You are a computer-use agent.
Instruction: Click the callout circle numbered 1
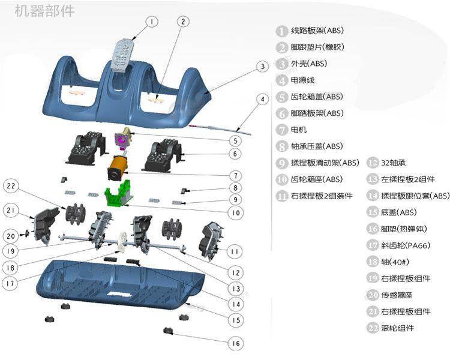152,22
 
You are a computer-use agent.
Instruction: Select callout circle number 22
11,186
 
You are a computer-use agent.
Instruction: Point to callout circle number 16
235,343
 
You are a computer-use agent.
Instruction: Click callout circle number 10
235,212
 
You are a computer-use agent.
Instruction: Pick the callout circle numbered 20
11,236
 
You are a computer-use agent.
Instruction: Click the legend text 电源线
303,80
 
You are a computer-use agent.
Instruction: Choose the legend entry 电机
299,130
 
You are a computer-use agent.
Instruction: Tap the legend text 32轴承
394,163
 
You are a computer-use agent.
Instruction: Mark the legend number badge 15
373,212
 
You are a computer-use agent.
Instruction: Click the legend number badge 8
282,146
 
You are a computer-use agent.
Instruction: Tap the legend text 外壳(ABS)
308,64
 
